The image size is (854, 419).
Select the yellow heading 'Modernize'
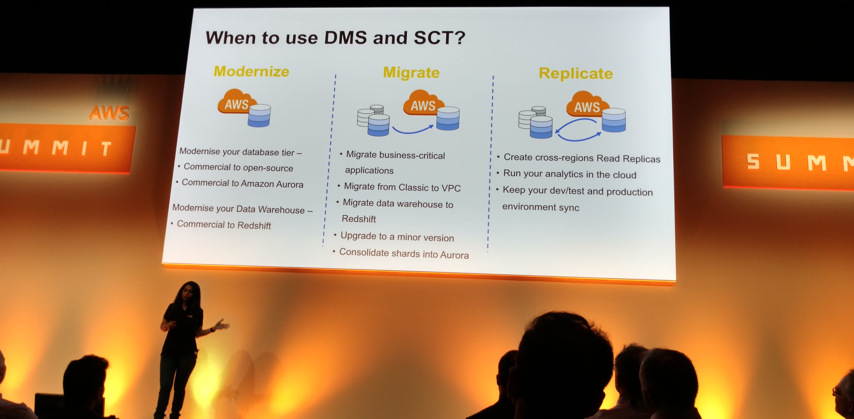251,71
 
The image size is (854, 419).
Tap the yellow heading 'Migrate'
411,73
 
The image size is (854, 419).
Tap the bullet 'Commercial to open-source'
238,167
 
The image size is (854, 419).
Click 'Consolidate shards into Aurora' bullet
404,254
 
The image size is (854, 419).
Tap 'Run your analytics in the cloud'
569,174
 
